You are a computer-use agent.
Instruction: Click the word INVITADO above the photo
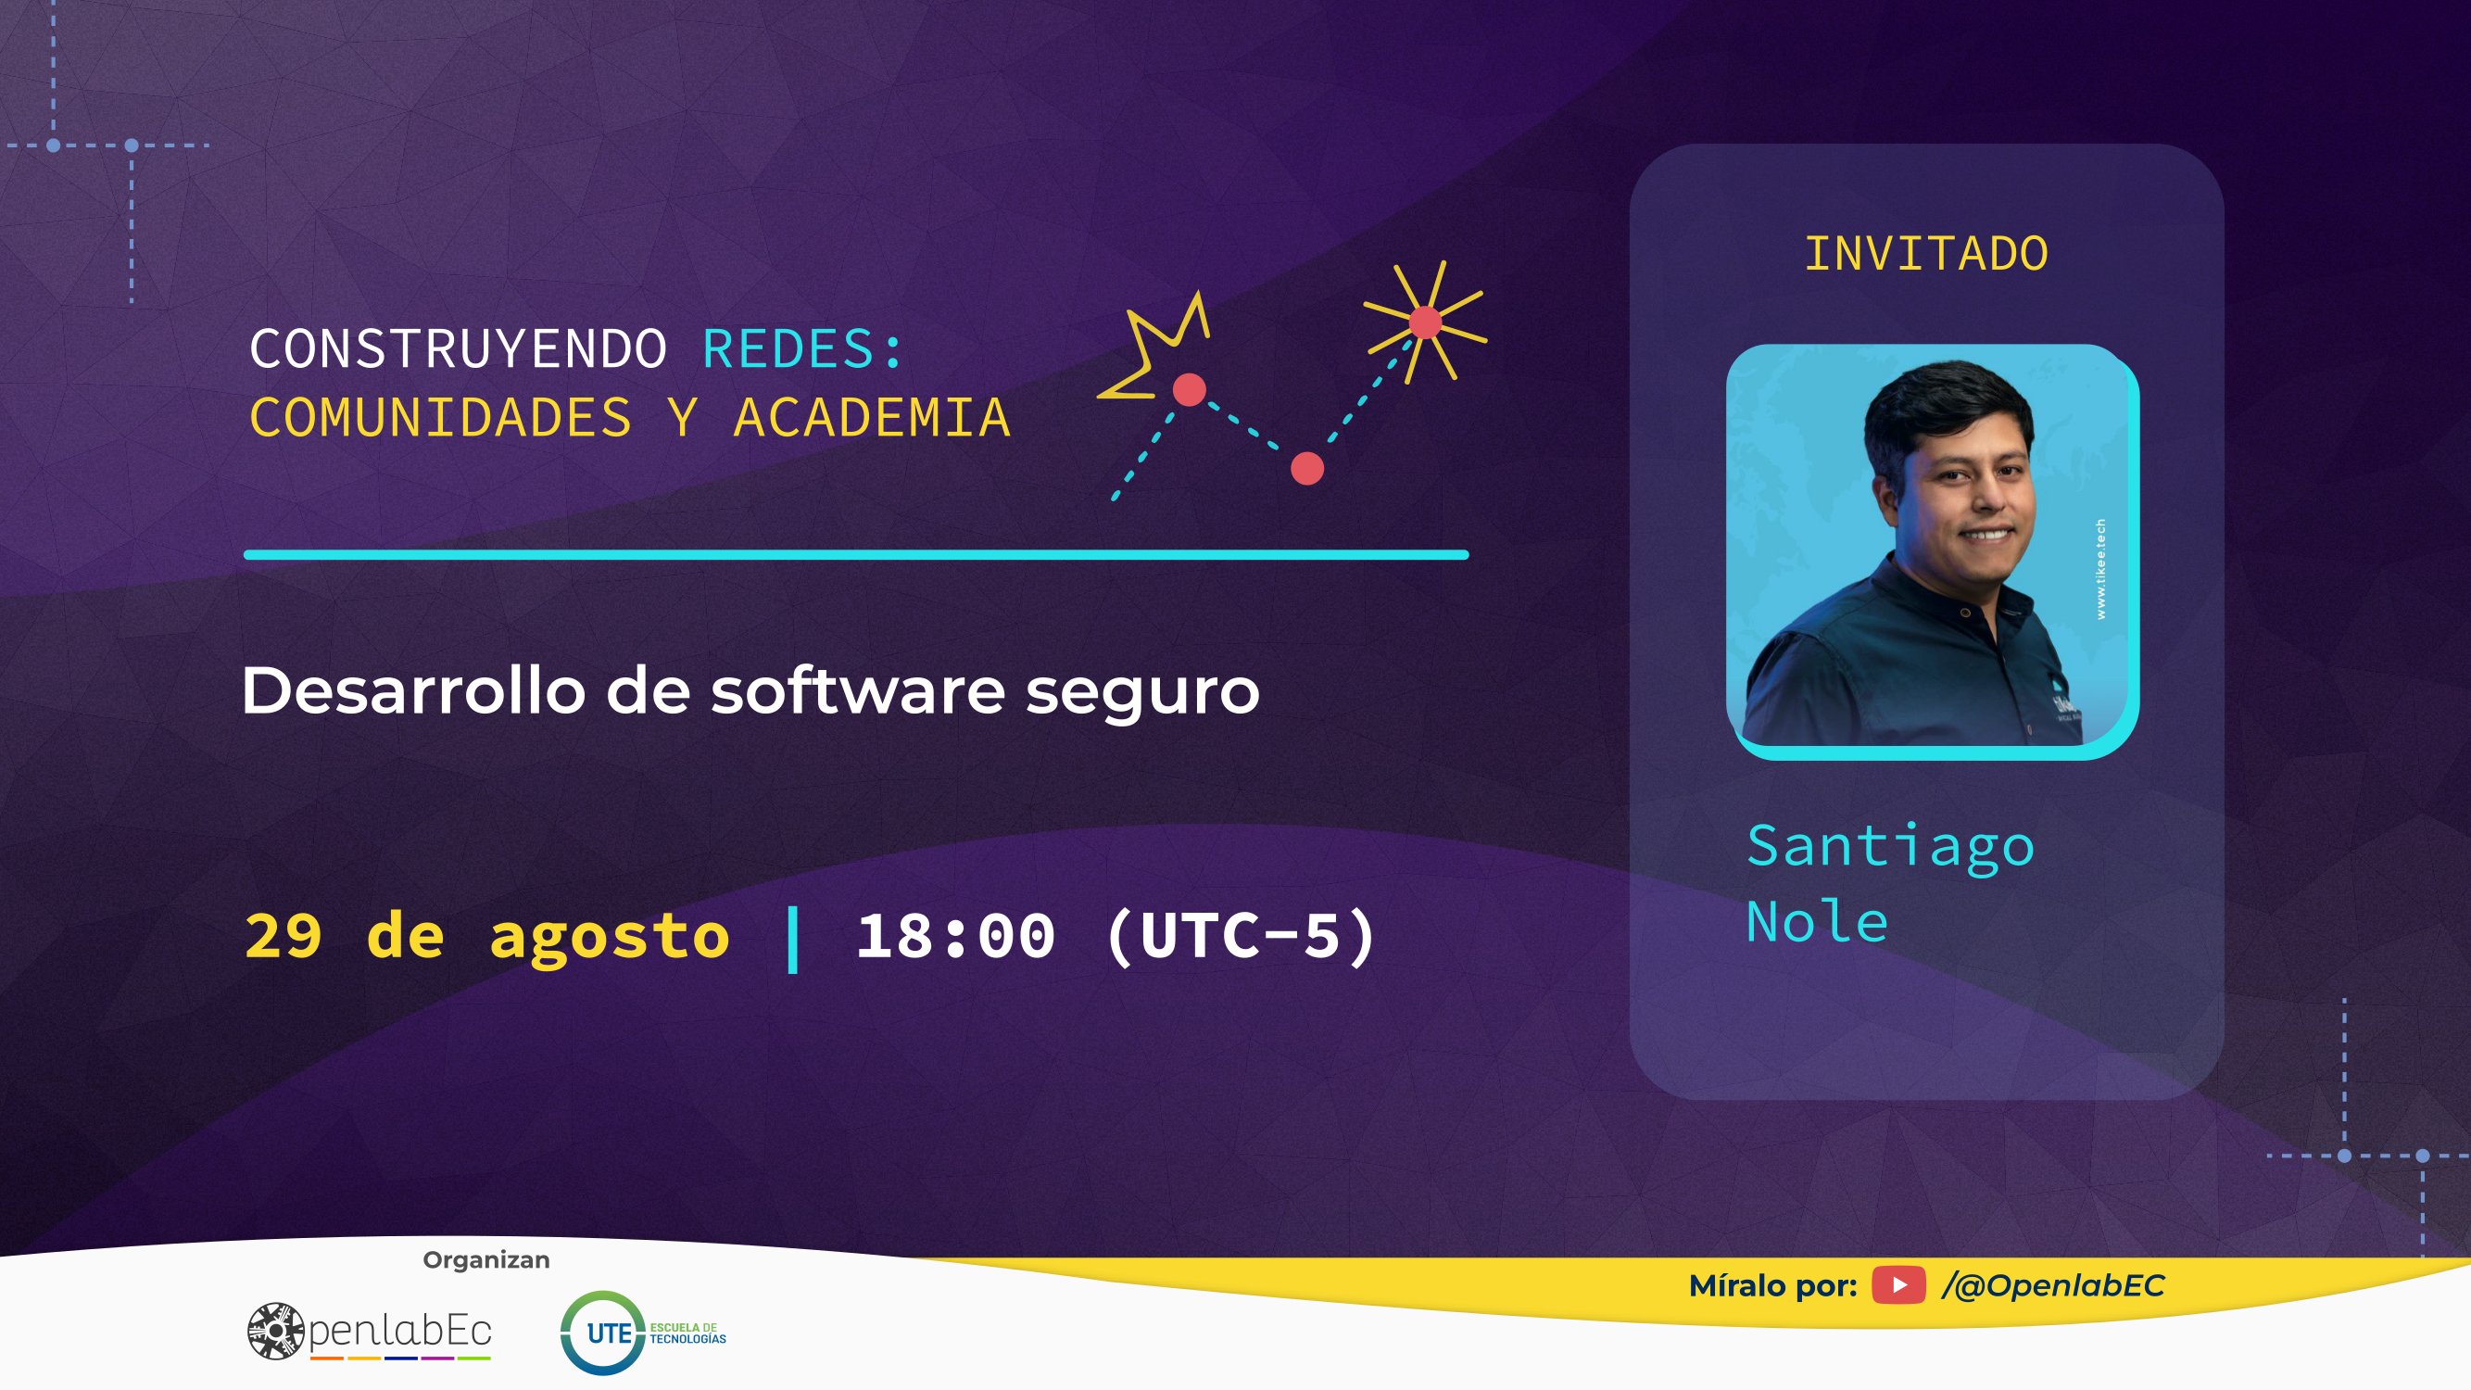pos(1926,254)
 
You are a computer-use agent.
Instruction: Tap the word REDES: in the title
pos(803,348)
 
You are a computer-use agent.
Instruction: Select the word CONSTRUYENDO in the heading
pos(459,348)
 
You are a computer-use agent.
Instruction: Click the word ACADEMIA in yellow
pos(872,418)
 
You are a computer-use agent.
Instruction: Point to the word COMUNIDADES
pos(440,418)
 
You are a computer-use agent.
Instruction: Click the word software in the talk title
pos(858,690)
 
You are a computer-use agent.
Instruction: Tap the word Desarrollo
pos(413,690)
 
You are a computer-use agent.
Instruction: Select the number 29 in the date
pos(284,936)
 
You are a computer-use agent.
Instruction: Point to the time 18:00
pos(955,936)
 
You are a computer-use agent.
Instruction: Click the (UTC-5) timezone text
pos(1242,936)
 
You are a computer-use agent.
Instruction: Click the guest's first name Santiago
pos(1890,847)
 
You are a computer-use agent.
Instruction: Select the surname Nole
pos(1817,923)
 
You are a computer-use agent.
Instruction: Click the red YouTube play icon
pos(1898,1285)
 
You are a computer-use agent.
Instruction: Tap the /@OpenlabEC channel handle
pos(2053,1285)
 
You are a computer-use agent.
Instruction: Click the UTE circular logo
pos(602,1333)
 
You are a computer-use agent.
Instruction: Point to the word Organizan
pos(486,1259)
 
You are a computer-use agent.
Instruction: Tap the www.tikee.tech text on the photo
pos(2100,569)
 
